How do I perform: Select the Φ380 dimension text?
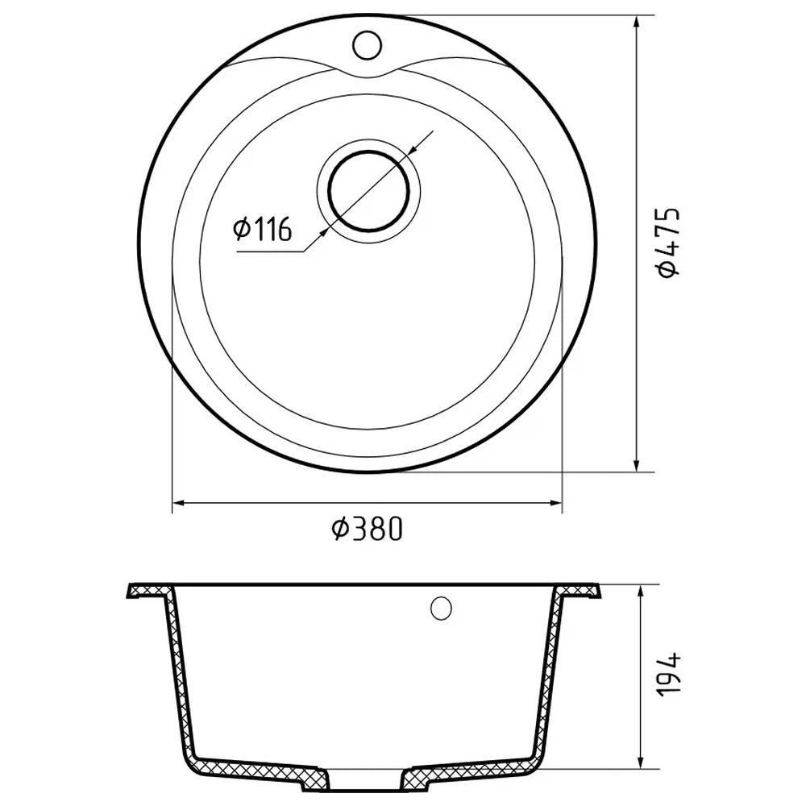click(x=366, y=529)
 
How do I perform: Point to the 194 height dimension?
click(x=669, y=674)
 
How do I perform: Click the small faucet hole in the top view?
click(x=367, y=45)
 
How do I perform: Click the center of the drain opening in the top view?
click(x=368, y=191)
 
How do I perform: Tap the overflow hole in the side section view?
click(x=441, y=608)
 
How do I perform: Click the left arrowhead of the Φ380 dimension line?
click(x=178, y=503)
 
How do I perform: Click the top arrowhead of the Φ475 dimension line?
click(x=638, y=23)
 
